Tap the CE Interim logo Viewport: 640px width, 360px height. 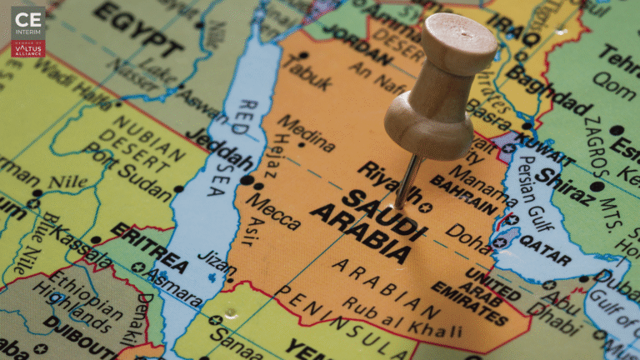click(28, 32)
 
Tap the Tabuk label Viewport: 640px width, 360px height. click(306, 72)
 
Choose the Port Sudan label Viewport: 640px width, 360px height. click(116, 167)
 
